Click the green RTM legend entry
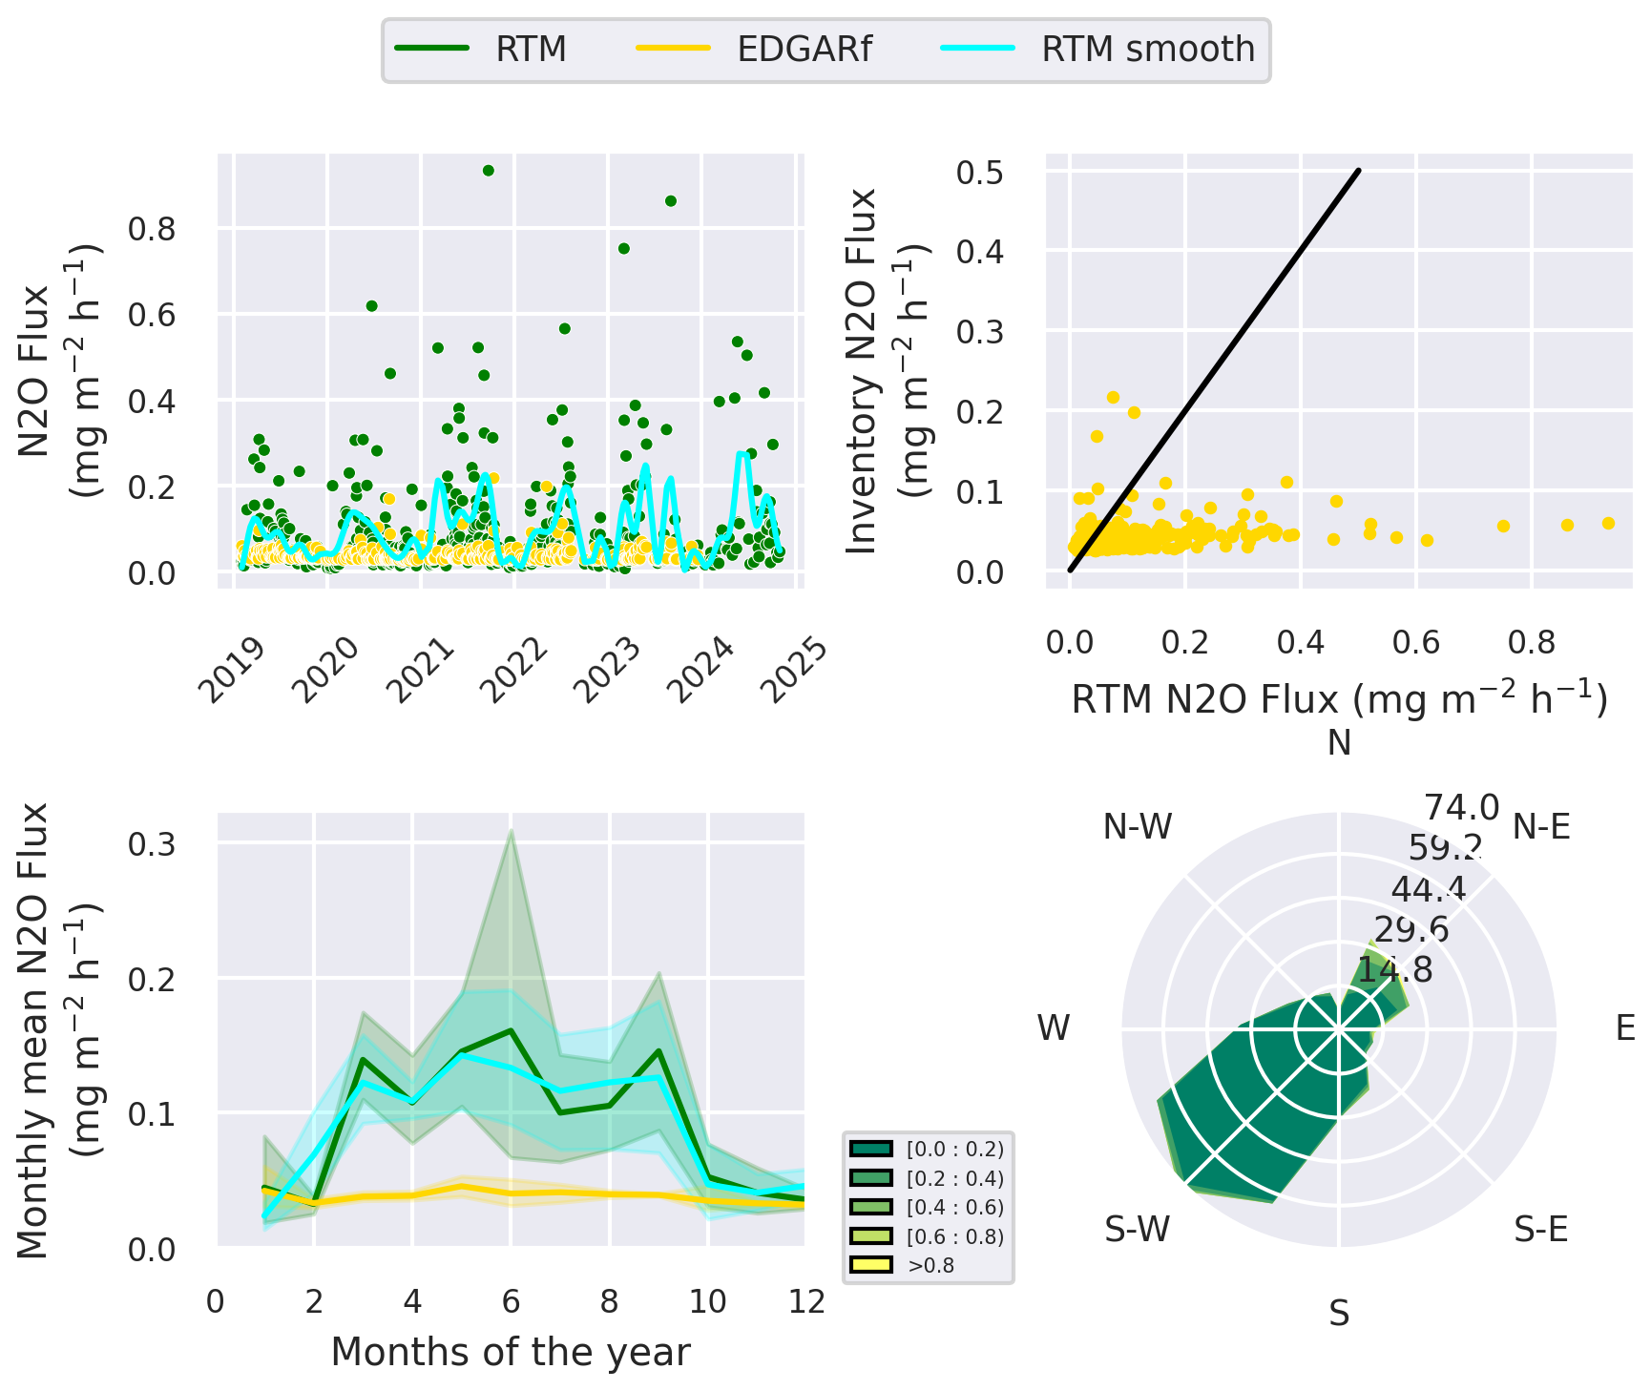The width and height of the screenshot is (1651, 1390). pos(531,49)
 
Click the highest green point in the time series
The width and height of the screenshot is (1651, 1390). pos(488,171)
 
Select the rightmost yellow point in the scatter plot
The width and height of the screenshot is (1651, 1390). pos(1608,523)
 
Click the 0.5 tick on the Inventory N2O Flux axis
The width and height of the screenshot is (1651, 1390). pos(980,173)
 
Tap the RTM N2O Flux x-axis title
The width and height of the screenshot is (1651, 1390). pos(1339,700)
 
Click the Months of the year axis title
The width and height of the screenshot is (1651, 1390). pos(511,1352)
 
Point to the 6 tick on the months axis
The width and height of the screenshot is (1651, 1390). pos(511,1301)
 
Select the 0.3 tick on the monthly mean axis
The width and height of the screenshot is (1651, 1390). pos(153,844)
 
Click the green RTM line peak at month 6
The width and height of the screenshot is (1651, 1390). pos(512,1030)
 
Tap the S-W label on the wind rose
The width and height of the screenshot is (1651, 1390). pos(1138,1230)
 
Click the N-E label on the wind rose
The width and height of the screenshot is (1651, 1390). pos(1541,827)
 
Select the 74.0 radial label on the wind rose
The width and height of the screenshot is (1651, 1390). pos(1461,808)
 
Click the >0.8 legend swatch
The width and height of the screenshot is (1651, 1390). pos(870,1265)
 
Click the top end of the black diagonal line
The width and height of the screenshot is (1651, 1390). pos(1358,172)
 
